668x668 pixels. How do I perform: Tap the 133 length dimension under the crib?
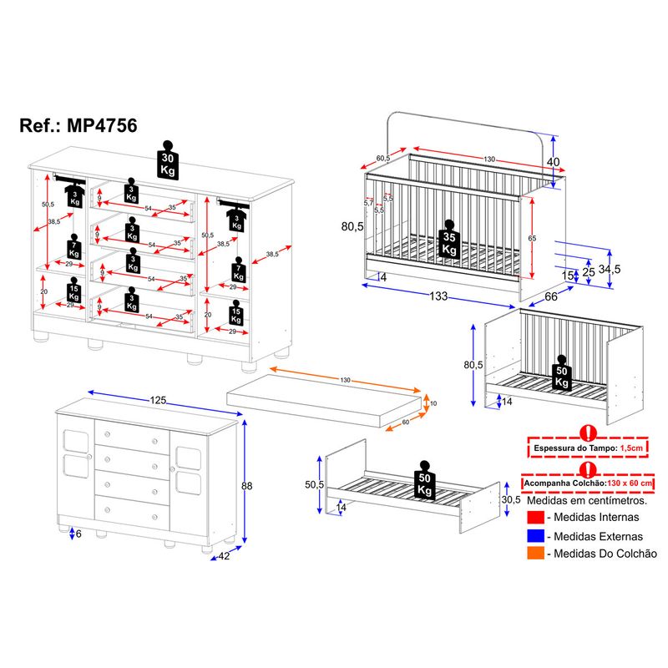pos(439,296)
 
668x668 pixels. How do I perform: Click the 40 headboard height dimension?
pos(552,161)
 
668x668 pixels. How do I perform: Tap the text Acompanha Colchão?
pos(564,483)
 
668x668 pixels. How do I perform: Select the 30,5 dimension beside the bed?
pos(511,499)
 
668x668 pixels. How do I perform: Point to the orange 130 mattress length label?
pos(345,381)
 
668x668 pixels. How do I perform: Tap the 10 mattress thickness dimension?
pos(433,403)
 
